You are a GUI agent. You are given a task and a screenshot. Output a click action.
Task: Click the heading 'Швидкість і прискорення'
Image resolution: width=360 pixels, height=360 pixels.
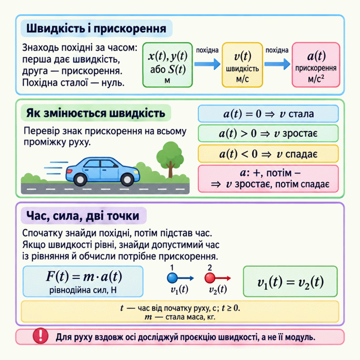(96, 29)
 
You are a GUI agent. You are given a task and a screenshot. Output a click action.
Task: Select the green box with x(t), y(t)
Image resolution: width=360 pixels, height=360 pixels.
(167, 65)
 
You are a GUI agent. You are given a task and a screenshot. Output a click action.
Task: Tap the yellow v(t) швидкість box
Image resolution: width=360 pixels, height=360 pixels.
(242, 65)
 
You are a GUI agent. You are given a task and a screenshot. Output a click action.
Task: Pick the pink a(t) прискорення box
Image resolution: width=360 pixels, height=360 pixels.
(316, 65)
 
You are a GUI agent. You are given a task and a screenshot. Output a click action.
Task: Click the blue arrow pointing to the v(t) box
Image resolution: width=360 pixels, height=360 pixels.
(207, 64)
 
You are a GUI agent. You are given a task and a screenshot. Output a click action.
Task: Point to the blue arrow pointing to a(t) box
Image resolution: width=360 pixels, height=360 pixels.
(277, 64)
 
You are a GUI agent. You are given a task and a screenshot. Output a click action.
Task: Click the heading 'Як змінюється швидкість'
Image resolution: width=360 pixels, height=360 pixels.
(96, 113)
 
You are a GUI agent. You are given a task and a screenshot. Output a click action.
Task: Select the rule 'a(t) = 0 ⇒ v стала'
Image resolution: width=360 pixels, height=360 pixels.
(268, 113)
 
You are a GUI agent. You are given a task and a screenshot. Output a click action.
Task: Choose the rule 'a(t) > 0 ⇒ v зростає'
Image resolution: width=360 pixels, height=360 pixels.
(268, 134)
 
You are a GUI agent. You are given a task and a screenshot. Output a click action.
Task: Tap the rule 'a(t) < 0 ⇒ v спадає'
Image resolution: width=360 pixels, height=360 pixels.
(268, 154)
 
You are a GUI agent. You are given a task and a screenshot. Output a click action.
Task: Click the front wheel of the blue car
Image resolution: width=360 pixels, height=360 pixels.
(127, 180)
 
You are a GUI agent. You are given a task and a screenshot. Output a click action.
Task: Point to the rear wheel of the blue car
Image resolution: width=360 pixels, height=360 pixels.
(80, 180)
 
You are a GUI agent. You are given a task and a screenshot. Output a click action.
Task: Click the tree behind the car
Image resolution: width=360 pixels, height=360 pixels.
(170, 158)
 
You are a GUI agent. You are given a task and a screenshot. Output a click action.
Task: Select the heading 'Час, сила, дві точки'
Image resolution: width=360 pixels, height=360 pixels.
(82, 216)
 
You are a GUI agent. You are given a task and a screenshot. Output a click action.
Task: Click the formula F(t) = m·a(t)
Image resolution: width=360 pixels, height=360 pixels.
(84, 276)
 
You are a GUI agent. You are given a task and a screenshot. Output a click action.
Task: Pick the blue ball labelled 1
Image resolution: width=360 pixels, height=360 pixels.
(172, 278)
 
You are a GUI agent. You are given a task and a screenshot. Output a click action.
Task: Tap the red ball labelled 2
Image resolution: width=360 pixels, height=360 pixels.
(210, 278)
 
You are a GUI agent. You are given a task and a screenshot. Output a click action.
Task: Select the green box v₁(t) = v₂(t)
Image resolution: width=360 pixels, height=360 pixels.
(290, 281)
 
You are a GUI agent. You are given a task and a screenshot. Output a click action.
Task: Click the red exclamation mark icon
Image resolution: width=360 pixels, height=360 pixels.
(40, 336)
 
